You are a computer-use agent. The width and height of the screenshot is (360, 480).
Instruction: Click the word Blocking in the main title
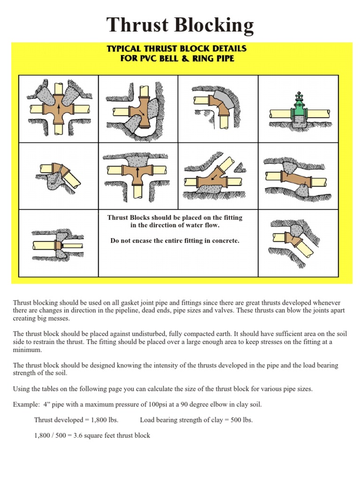tap(214, 26)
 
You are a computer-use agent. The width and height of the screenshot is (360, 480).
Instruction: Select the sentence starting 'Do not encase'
tap(175, 240)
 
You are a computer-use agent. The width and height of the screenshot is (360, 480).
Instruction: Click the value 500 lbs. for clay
tap(240, 420)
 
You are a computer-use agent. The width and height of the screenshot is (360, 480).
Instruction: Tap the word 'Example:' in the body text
tap(26, 405)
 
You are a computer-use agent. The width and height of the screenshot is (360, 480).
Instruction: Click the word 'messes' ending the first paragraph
tap(59, 319)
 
